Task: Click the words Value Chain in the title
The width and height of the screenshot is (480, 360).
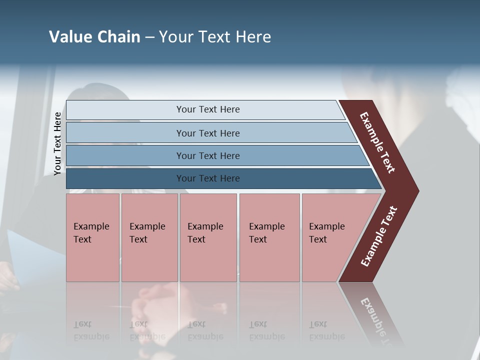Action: [94, 37]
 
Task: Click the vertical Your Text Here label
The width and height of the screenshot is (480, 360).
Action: [57, 143]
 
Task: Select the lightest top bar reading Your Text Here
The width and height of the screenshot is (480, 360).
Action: [207, 109]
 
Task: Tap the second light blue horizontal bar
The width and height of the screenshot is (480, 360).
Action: [207, 133]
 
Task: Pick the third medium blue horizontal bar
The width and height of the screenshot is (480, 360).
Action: [207, 155]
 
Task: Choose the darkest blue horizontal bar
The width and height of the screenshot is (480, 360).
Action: [207, 178]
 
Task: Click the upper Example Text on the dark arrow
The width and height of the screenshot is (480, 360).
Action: [377, 142]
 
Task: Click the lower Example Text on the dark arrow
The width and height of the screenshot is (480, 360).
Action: [378, 236]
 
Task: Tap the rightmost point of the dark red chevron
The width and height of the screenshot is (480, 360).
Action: [417, 190]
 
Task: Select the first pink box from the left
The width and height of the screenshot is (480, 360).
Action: [92, 237]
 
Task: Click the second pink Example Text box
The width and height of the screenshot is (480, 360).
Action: [149, 237]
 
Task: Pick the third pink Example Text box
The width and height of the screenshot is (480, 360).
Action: [208, 237]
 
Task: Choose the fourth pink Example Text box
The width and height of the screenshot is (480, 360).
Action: [269, 237]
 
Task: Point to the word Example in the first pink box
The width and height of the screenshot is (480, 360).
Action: [91, 226]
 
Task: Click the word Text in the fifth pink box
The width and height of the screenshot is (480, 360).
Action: [317, 239]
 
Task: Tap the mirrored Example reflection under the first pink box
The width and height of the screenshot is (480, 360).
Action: [91, 336]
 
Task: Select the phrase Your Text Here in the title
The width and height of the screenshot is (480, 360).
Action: [215, 37]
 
